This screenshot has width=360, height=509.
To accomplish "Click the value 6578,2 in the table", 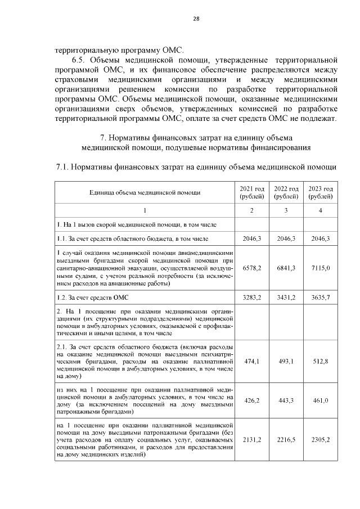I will coord(252,268).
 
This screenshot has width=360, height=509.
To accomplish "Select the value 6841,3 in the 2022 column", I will coord(286,268).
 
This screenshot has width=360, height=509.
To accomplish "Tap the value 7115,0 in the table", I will coord(321,268).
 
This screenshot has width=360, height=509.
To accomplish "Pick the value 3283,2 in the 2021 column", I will coord(252,296).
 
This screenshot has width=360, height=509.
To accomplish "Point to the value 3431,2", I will coord(286,296).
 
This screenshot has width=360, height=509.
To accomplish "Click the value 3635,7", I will coord(321,296).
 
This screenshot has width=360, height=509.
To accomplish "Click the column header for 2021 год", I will coord(252,192).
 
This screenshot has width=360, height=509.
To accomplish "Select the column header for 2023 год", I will coord(321,192).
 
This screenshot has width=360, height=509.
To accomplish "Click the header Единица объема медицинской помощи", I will coord(145,192).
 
